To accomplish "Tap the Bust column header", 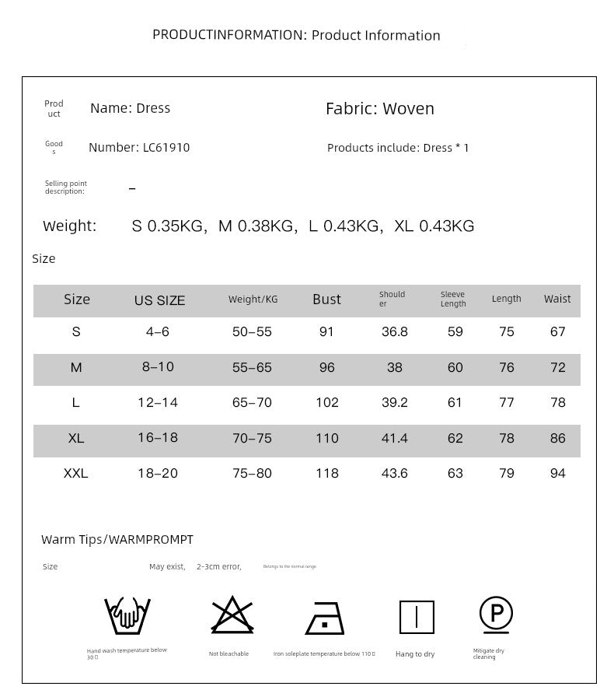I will (326, 299).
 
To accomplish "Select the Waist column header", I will (557, 299).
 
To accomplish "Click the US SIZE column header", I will (159, 300).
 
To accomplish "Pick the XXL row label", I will (76, 473).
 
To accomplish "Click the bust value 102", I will (327, 402).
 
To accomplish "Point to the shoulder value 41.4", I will (394, 438).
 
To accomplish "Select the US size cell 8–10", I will (158, 366).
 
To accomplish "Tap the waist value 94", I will (557, 473).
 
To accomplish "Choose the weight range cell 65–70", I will (252, 402).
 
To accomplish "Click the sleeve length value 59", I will (455, 331).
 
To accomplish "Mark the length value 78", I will (507, 438).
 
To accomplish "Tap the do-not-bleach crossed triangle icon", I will (232, 615).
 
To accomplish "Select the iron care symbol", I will (325, 619).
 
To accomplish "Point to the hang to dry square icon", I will (417, 618).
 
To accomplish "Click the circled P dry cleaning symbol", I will (496, 615).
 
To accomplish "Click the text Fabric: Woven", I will (379, 109).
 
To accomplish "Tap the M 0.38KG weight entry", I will (256, 226).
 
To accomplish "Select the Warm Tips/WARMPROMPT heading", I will (117, 539).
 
